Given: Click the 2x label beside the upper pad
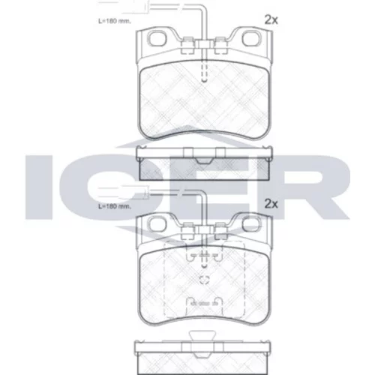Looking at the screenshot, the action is click(x=271, y=20).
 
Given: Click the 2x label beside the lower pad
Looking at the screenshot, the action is click(x=271, y=204).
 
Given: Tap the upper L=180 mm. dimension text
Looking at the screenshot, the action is click(x=115, y=21).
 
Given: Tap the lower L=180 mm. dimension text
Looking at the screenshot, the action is click(x=115, y=207).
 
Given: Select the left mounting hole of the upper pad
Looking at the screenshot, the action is click(x=157, y=39).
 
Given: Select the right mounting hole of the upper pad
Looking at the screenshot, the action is click(x=251, y=39).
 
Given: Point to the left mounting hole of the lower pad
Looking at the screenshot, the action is click(x=157, y=223).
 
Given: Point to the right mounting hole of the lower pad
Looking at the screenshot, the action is click(x=251, y=223).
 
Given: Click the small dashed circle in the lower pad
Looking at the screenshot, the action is click(x=204, y=280).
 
